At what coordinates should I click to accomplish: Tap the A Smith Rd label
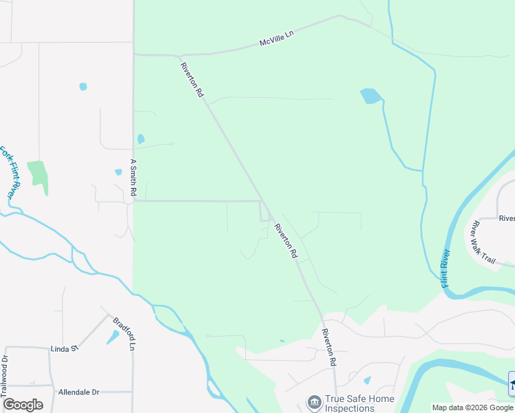pyautogui.click(x=134, y=176)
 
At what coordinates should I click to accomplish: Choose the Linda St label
pyautogui.click(x=65, y=349)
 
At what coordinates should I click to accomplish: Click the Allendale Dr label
pyautogui.click(x=78, y=392)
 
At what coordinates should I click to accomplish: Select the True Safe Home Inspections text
pyautogui.click(x=360, y=403)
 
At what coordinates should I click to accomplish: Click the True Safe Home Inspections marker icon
pyautogui.click(x=314, y=401)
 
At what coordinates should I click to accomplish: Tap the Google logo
pyautogui.click(x=23, y=405)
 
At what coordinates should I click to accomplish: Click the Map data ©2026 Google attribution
pyautogui.click(x=473, y=407)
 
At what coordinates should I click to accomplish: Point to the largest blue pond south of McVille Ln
pyautogui.click(x=370, y=96)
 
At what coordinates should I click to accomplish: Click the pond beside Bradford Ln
pyautogui.click(x=112, y=337)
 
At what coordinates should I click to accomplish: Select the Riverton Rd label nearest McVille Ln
pyautogui.click(x=192, y=79)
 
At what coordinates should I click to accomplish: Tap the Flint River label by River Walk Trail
pyautogui.click(x=445, y=268)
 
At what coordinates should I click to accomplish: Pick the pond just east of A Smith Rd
pyautogui.click(x=141, y=138)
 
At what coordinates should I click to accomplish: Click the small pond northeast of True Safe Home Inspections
pyautogui.click(x=367, y=380)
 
